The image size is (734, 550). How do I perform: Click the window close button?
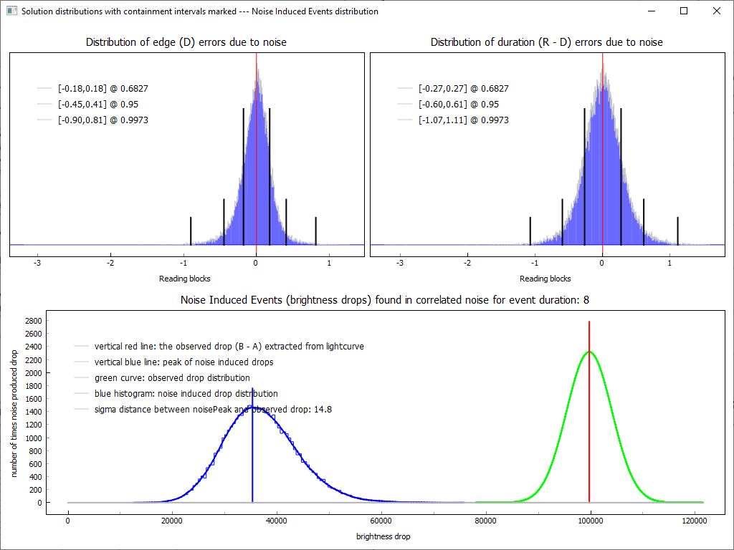[x=716, y=11]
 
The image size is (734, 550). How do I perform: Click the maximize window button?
[x=684, y=11]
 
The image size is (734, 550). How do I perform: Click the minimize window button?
[x=652, y=11]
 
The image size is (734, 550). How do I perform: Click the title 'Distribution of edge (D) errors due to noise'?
[x=186, y=42]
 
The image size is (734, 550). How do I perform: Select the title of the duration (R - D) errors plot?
[x=547, y=42]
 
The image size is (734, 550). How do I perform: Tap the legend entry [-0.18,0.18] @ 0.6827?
[x=103, y=89]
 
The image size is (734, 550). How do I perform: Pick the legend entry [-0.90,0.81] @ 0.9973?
[x=103, y=120]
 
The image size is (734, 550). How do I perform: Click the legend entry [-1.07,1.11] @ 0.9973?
[x=463, y=120]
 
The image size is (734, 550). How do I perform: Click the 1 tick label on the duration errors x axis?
[x=669, y=263]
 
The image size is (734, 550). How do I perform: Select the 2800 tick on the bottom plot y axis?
[x=32, y=321]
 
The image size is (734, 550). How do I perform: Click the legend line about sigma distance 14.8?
[x=213, y=410]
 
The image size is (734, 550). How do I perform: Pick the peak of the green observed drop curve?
[x=589, y=352]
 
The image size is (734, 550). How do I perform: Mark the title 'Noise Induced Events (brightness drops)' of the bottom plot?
[x=385, y=300]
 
